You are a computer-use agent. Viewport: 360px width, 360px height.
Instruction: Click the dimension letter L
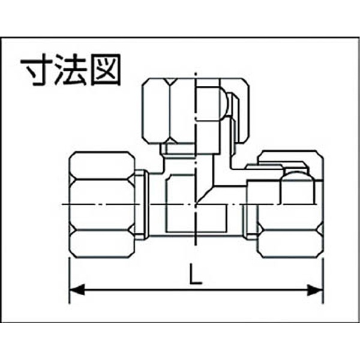[195, 274]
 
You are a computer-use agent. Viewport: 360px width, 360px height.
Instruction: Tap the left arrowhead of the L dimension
[77, 290]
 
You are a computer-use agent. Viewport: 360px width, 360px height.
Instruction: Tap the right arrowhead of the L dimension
[315, 290]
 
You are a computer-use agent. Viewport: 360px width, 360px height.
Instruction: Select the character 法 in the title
[71, 70]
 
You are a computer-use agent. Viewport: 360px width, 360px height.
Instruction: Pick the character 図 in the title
[106, 70]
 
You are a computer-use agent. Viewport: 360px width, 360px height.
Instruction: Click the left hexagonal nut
[102, 205]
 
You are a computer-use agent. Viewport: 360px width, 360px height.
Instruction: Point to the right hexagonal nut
[290, 205]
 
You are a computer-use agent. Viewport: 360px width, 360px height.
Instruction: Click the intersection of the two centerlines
[196, 204]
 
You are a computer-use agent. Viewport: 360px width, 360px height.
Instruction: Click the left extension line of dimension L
[70, 281]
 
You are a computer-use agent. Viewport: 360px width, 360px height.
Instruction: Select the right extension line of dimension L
[323, 281]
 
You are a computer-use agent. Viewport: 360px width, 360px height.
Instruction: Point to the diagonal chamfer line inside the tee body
[204, 195]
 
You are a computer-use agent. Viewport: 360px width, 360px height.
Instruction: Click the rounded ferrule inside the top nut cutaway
[223, 104]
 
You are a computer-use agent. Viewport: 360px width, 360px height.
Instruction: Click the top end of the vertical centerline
[196, 73]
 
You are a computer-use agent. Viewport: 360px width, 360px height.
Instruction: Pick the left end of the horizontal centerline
[63, 204]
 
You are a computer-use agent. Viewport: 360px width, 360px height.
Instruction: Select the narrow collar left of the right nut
[251, 221]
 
